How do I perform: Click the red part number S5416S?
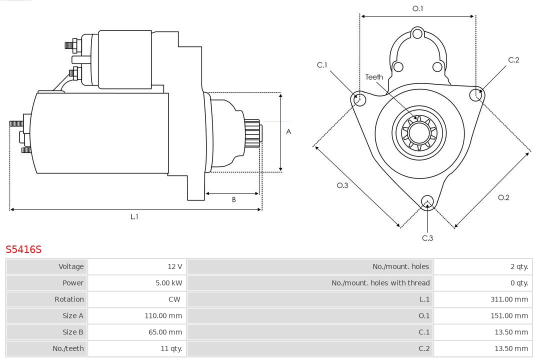(x=23, y=249)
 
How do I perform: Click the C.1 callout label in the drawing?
(x=322, y=65)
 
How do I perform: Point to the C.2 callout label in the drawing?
(x=513, y=60)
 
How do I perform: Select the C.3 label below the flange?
(x=427, y=238)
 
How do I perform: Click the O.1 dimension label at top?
(x=417, y=8)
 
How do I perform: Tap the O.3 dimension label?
(x=342, y=185)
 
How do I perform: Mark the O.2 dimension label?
(x=503, y=197)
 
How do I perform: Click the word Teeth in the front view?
(x=374, y=77)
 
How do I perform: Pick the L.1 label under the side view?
(x=134, y=216)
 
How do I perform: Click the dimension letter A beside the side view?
(x=288, y=132)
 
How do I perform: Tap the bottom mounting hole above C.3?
(x=427, y=201)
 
